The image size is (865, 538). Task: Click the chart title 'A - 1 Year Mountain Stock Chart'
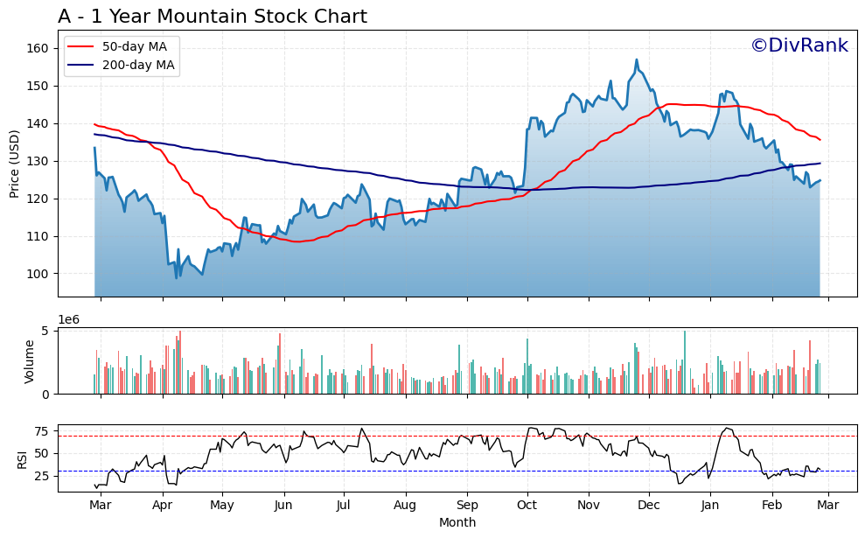coord(213,17)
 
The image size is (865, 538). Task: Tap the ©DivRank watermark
coord(799,45)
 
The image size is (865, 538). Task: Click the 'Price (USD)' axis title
coord(15,164)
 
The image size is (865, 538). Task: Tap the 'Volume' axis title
coord(29,361)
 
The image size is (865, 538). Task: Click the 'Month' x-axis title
coord(457,523)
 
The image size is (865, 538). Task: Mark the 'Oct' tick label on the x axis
coord(527,506)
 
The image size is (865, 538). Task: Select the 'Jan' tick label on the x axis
coord(709,506)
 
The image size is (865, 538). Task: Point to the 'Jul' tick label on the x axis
coord(343,506)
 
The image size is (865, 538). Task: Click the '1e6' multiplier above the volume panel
coord(68,319)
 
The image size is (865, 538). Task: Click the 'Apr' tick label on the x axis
coord(162,506)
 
